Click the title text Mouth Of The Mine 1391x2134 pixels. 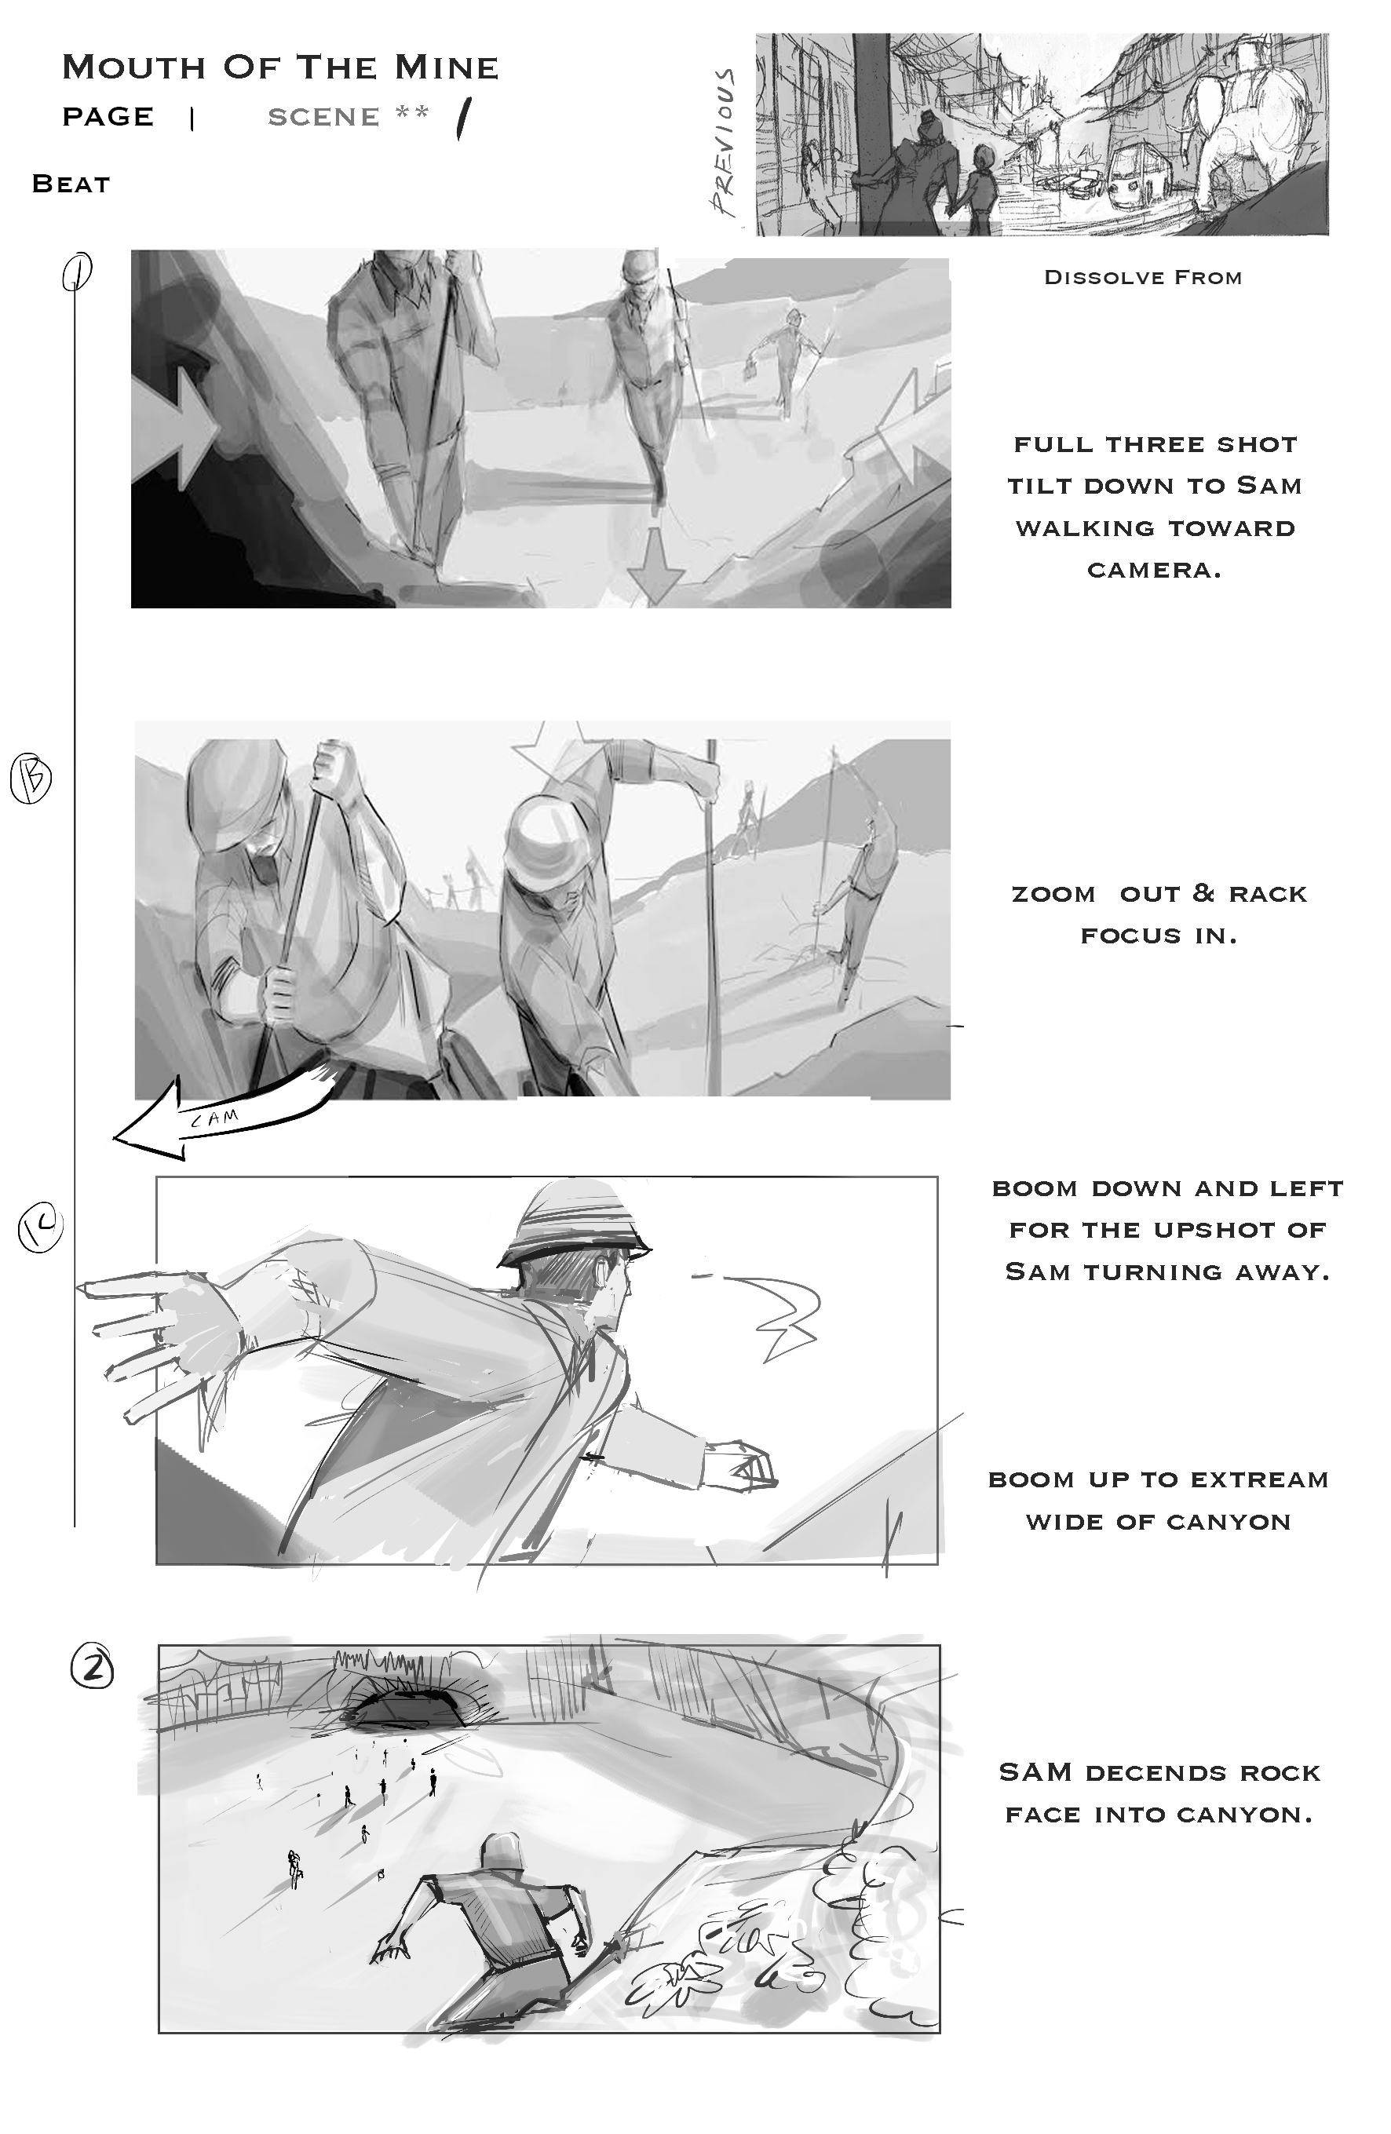pyautogui.click(x=279, y=67)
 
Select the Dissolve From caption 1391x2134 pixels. pyautogui.click(x=1143, y=277)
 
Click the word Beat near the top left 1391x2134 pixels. pyautogui.click(x=71, y=184)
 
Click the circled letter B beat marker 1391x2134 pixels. pyautogui.click(x=31, y=779)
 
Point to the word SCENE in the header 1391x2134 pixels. pyautogui.click(x=323, y=117)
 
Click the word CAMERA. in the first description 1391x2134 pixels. pyautogui.click(x=1154, y=571)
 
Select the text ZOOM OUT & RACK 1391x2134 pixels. pyautogui.click(x=1159, y=893)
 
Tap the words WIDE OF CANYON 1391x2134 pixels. pyautogui.click(x=1159, y=1522)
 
